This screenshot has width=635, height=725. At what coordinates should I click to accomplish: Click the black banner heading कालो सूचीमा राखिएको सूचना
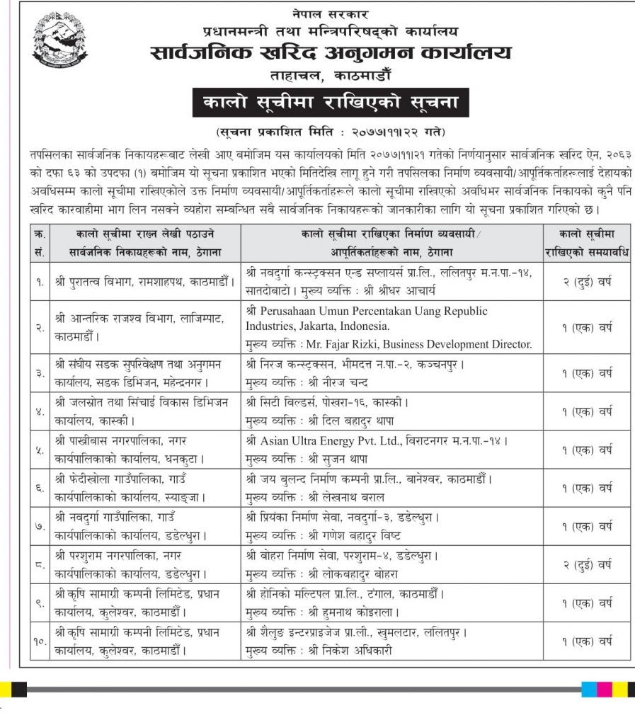pos(330,103)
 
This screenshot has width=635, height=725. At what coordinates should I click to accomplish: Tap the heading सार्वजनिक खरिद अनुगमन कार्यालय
pos(330,53)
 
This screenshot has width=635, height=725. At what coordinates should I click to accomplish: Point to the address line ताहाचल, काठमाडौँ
pos(330,75)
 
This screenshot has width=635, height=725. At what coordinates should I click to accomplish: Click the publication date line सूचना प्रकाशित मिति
pos(331,132)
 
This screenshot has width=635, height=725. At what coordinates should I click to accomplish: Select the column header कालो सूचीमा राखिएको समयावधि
pos(587,242)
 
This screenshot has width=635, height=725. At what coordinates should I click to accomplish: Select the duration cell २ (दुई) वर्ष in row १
pos(587,281)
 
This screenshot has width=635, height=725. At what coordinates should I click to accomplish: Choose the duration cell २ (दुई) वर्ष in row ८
pos(587,565)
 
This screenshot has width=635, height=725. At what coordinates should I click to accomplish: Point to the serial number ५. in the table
pos(38,450)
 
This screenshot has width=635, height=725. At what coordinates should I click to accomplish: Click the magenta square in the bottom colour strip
pos(604,689)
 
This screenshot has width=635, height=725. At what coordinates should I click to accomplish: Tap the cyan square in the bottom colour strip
pos(588,689)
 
